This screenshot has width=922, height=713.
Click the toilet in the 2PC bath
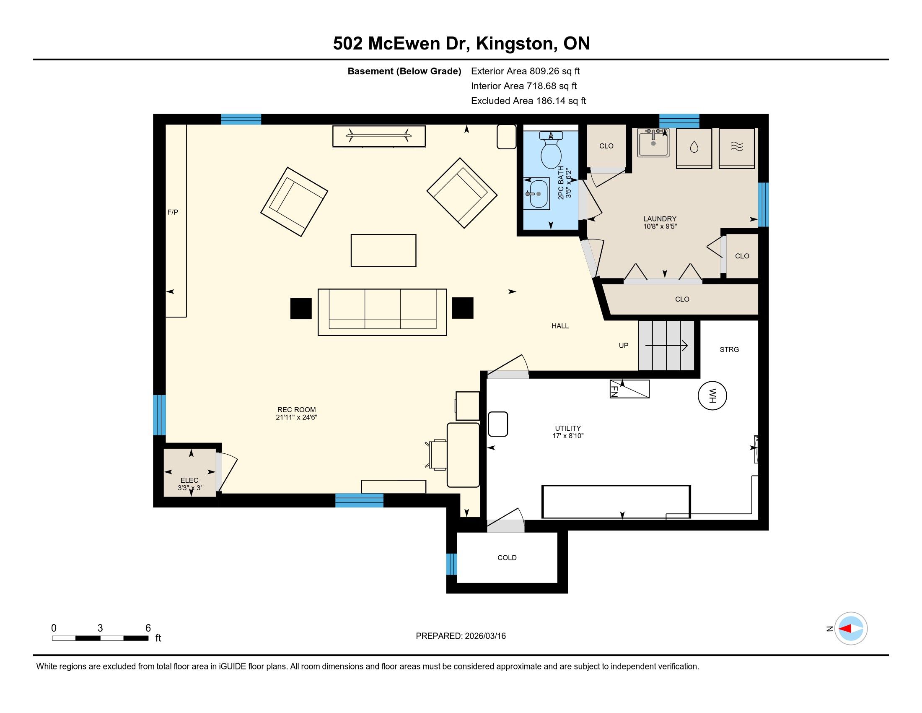pos(551,150)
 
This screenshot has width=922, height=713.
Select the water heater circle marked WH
pos(712,396)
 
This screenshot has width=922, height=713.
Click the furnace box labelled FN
pos(629,389)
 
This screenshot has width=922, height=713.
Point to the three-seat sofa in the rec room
pos(382,312)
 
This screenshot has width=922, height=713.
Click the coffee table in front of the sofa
pos(383,250)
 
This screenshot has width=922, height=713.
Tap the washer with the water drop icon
pos(694,148)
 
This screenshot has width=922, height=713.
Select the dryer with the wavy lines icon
pos(737,148)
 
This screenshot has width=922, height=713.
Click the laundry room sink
pos(653,143)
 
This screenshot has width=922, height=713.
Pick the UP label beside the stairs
pos(624,346)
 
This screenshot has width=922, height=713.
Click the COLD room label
pos(507,557)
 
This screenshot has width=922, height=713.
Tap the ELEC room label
pos(189,480)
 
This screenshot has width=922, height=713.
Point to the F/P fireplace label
pos(173,212)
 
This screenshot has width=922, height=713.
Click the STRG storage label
pos(730,349)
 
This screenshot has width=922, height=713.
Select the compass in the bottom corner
pos(851,629)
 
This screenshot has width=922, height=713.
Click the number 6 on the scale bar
pos(148,628)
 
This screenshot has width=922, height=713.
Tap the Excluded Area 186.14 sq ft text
pos(528,101)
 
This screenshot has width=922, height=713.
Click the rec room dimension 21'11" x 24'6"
pos(296,417)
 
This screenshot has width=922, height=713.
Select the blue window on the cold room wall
pos(452,564)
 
